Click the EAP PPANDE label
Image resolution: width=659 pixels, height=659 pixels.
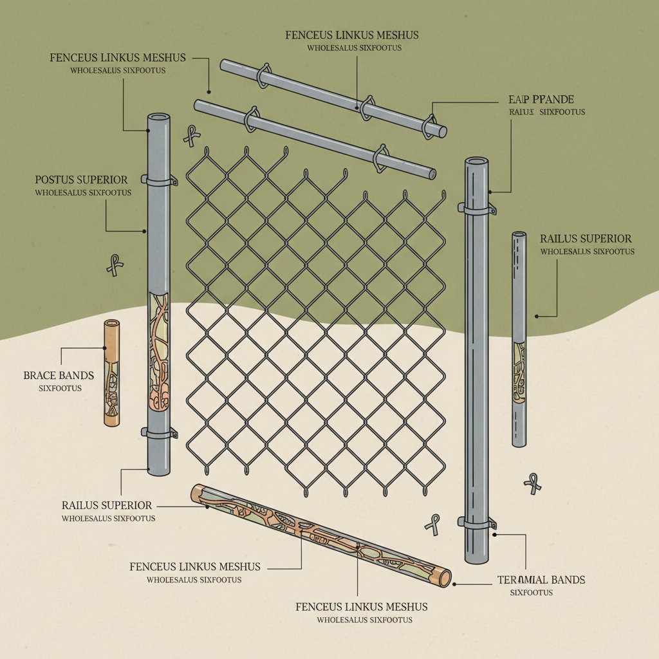(536, 100)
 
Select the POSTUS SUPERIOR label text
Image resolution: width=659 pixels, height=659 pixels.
(81, 180)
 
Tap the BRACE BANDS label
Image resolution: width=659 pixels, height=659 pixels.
(59, 375)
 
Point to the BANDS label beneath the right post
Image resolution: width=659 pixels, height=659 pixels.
(541, 580)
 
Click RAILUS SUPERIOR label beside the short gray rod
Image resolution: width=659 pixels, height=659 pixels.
(586, 239)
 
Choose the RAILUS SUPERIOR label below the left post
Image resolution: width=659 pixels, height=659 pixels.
(107, 505)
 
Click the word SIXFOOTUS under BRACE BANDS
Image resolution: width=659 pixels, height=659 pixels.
(60, 388)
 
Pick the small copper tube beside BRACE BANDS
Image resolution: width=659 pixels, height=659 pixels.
(112, 372)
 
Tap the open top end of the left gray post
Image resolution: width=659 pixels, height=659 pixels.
(159, 118)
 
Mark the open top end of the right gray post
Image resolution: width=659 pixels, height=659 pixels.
(477, 161)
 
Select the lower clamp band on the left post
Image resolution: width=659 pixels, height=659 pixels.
(159, 433)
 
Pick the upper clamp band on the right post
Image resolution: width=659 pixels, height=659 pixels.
(477, 209)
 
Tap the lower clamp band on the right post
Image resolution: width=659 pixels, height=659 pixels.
(477, 523)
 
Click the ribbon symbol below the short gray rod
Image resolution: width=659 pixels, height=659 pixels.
(532, 483)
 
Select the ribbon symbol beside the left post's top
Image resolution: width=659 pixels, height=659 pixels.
(191, 135)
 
